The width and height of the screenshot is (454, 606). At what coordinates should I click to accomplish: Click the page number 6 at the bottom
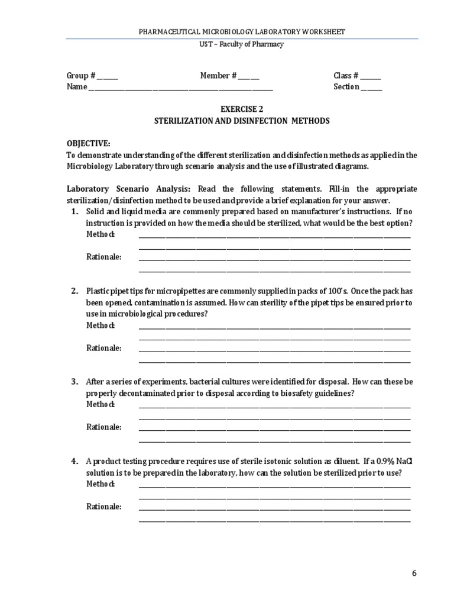(414, 573)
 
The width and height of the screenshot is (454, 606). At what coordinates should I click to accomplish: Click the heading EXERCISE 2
(242, 109)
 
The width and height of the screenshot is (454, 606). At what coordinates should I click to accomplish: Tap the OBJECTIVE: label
(88, 143)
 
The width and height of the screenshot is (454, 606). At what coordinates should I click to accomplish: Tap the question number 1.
(74, 211)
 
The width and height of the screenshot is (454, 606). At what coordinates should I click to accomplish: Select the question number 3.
(74, 382)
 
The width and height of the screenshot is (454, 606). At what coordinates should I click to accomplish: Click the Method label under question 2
(100, 325)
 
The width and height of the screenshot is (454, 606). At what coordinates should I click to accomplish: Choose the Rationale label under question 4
(104, 507)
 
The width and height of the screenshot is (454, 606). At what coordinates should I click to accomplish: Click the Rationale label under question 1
(104, 257)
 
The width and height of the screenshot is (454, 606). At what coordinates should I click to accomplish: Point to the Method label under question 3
(100, 405)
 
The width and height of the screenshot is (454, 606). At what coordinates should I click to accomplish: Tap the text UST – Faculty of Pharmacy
(242, 44)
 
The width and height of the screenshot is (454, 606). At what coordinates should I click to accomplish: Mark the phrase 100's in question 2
(339, 291)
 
